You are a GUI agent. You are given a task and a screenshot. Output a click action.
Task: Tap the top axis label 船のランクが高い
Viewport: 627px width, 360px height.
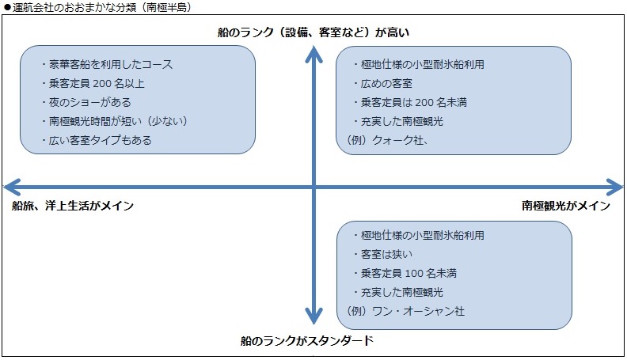pyautogui.click(x=313, y=32)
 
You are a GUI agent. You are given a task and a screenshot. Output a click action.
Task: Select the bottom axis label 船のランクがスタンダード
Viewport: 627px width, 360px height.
pyautogui.click(x=307, y=340)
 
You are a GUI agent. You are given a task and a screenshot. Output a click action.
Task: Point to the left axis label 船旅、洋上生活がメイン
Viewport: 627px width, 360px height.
pyautogui.click(x=73, y=206)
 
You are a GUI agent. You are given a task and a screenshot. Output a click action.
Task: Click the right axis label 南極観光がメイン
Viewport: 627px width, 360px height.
pyautogui.click(x=566, y=206)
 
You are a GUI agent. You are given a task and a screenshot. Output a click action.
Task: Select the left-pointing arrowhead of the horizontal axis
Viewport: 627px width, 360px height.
pyautogui.click(x=12, y=187)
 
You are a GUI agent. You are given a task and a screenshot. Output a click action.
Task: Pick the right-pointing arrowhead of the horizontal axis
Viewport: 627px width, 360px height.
pyautogui.click(x=614, y=187)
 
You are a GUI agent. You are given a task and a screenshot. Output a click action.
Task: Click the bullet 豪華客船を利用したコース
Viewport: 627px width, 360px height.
pyautogui.click(x=107, y=64)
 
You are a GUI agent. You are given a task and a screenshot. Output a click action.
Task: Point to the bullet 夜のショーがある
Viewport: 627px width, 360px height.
pyautogui.click(x=86, y=102)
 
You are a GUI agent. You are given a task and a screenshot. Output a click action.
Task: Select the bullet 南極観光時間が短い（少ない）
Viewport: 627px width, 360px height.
pyautogui.click(x=114, y=121)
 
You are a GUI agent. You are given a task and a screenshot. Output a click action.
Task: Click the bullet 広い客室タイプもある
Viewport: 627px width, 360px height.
pyautogui.click(x=97, y=140)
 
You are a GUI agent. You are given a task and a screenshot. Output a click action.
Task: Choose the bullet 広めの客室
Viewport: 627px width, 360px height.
pyautogui.click(x=382, y=83)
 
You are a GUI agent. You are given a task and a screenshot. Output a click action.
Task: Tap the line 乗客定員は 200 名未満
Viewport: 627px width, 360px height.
pyautogui.click(x=410, y=102)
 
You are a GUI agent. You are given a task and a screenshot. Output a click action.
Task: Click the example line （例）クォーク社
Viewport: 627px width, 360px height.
pyautogui.click(x=386, y=140)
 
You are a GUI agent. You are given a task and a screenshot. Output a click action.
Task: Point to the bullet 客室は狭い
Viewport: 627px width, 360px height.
pyautogui.click(x=382, y=254)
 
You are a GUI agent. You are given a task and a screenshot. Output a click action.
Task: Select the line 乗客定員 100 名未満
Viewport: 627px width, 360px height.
pyautogui.click(x=405, y=273)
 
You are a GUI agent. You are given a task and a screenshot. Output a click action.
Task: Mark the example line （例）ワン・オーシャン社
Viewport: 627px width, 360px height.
pyautogui.click(x=405, y=311)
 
